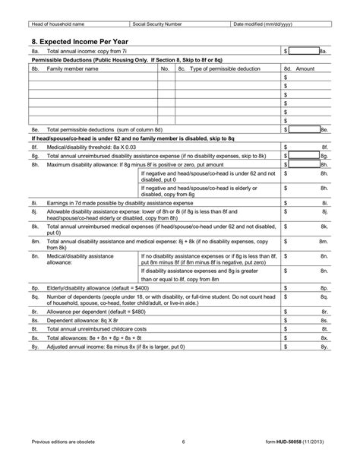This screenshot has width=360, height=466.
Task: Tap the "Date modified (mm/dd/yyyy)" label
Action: (x=263, y=24)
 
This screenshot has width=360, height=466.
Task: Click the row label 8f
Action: (x=35, y=146)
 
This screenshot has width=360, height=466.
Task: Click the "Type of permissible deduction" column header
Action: (x=220, y=68)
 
